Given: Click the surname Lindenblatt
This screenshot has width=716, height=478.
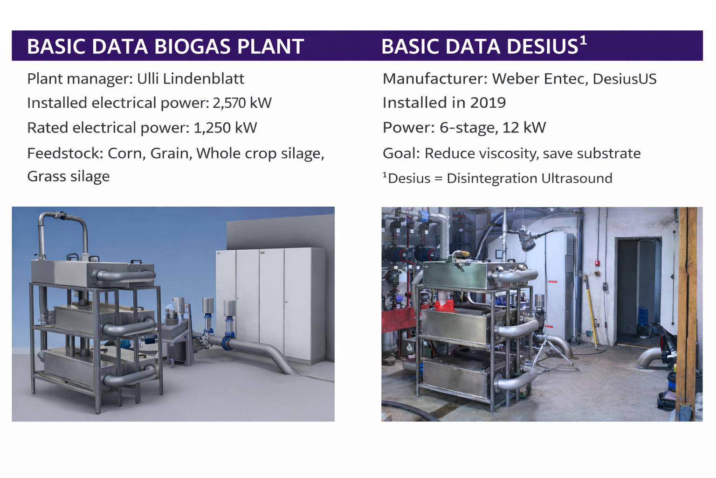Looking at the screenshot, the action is pos(203,78).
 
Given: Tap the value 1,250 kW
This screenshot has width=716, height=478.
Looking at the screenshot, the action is pos(225,127).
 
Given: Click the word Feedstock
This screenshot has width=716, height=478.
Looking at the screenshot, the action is pos(65,153).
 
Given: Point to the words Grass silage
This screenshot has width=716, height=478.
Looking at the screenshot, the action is pos(69,176).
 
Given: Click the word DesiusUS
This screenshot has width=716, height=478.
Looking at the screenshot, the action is pos(625,79).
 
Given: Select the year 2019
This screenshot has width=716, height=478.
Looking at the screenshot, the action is pos(488,103).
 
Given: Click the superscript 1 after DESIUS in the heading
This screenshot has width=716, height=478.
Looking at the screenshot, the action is pos(583,40).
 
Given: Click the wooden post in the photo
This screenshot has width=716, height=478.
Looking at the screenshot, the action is pos(688,314).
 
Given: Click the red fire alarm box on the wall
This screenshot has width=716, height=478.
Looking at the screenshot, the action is pos(597,263).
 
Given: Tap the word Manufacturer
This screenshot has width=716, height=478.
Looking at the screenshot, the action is pos(435,79).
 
